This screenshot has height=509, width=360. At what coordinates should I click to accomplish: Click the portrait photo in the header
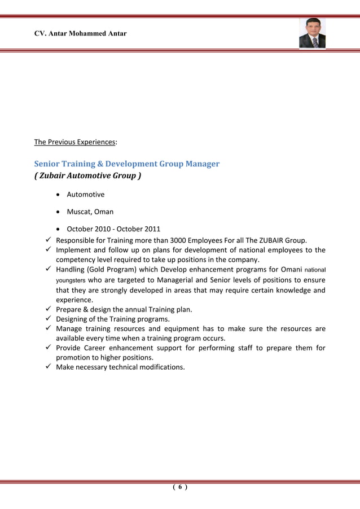click(x=312, y=33)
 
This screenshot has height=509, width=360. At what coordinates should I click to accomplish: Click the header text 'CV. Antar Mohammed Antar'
click(x=81, y=34)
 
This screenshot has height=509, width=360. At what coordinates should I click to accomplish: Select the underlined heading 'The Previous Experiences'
click(x=75, y=142)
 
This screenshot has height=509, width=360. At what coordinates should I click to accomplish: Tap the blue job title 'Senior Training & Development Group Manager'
click(x=127, y=164)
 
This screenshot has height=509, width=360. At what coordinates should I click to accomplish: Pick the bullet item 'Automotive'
click(x=85, y=195)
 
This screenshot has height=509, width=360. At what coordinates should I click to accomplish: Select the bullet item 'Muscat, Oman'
click(x=90, y=212)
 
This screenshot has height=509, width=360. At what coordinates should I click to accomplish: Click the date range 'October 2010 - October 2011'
click(x=113, y=229)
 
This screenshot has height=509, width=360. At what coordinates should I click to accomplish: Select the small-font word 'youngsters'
click(x=70, y=280)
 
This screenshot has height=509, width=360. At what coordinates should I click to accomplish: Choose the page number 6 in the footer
click(x=179, y=488)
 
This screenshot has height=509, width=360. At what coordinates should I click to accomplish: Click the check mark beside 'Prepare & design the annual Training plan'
click(x=49, y=309)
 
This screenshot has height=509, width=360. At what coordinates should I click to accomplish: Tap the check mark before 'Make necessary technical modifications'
click(x=49, y=367)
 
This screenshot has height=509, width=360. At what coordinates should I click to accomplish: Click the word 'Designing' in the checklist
click(x=73, y=319)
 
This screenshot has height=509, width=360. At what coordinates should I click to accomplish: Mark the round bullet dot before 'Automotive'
click(x=59, y=195)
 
